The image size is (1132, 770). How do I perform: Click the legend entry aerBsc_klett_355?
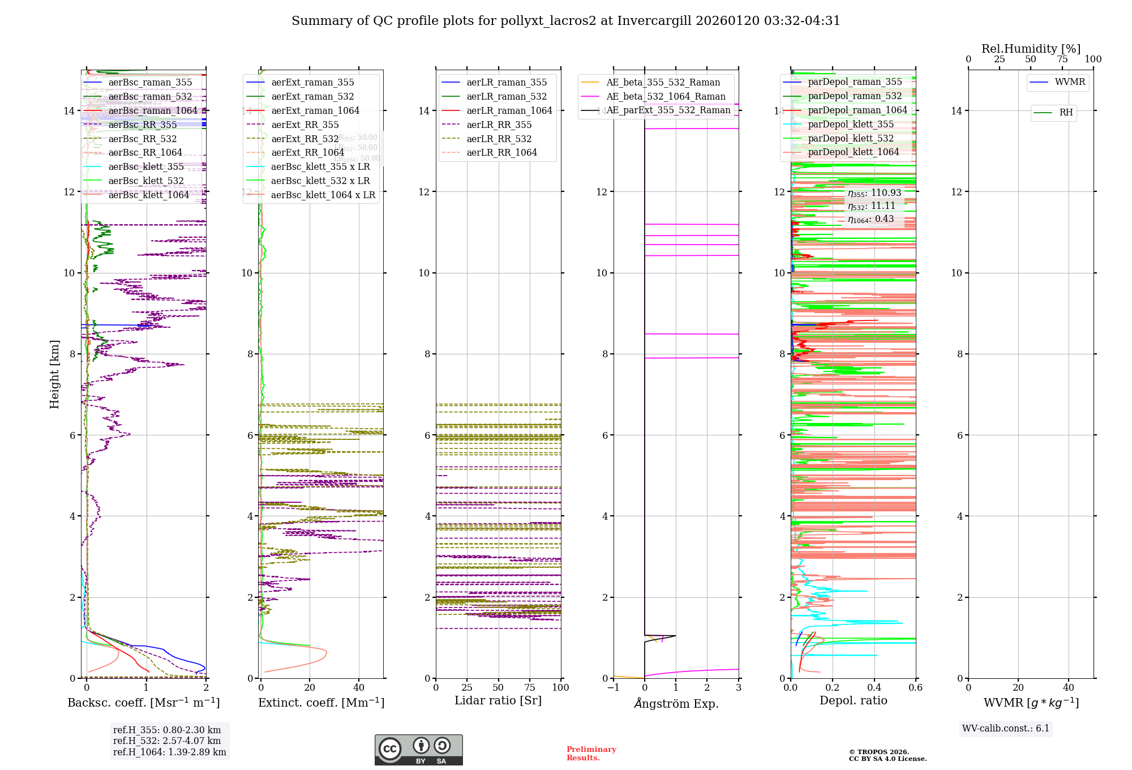146,167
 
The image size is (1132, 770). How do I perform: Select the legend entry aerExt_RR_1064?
307,153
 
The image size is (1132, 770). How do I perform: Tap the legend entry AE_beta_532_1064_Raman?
666,97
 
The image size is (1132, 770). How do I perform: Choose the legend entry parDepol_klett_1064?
853,152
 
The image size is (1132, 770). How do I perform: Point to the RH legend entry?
1066,113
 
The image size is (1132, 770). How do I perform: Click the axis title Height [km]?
54,374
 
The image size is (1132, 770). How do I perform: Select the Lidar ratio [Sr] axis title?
498,701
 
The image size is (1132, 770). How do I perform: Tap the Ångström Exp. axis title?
676,704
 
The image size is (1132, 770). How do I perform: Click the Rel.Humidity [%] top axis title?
1031,49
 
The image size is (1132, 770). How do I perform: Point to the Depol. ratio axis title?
853,701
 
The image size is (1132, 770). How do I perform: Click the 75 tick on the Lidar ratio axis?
530,688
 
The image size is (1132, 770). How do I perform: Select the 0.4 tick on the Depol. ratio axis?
874,688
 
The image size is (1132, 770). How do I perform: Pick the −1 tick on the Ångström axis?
613,688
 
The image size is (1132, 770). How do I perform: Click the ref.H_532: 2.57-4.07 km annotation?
167,741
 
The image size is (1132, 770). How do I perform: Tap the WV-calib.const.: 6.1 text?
1006,729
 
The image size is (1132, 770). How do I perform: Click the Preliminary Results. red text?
591,754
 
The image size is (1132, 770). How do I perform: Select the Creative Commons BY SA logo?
418,750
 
